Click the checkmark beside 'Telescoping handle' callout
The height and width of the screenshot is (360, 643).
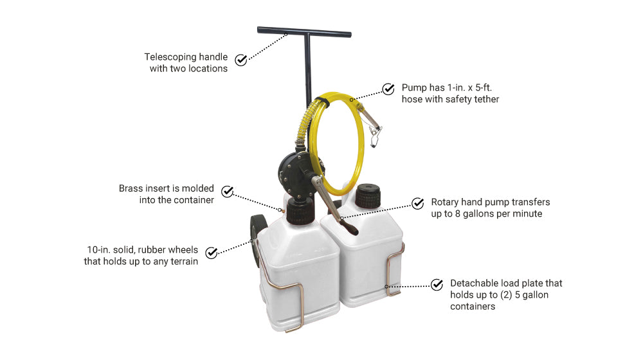[240, 60]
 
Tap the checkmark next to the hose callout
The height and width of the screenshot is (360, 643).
[388, 89]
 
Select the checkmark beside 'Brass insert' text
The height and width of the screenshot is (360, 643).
[227, 192]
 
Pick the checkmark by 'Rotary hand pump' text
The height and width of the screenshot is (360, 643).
[418, 203]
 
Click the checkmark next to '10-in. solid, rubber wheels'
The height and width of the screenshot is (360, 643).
[211, 252]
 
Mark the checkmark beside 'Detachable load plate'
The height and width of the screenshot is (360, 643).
[437, 284]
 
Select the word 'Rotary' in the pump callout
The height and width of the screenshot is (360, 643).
[444, 202]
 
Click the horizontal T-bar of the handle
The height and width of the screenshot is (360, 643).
[303, 31]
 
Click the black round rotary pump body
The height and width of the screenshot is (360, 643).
[293, 169]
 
